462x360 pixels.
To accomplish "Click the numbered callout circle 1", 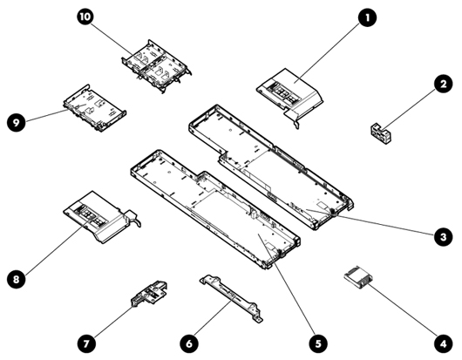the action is click(x=367, y=17).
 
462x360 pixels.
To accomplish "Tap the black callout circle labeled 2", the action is click(x=443, y=84).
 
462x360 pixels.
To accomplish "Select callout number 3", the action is click(x=443, y=236).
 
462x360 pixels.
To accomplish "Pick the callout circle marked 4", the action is click(x=443, y=343).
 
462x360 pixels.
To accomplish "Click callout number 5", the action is click(x=318, y=343).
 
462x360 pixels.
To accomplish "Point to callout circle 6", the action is click(x=189, y=343).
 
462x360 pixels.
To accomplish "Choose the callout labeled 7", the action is click(x=86, y=343).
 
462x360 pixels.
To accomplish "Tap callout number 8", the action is click(x=17, y=278).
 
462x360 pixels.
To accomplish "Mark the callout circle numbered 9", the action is click(x=17, y=122).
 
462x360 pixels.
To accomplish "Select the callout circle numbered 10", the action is click(x=85, y=17).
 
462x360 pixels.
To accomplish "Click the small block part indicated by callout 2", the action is click(x=380, y=133).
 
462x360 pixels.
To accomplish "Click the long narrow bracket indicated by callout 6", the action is click(x=231, y=299).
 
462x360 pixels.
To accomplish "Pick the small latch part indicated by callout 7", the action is click(x=149, y=294).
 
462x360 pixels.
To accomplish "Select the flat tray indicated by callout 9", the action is click(x=95, y=108).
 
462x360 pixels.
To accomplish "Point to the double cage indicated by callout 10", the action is click(x=156, y=66).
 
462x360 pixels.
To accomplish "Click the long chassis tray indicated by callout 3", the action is click(x=271, y=166).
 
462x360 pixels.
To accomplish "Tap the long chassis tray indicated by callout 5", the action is click(x=215, y=209).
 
